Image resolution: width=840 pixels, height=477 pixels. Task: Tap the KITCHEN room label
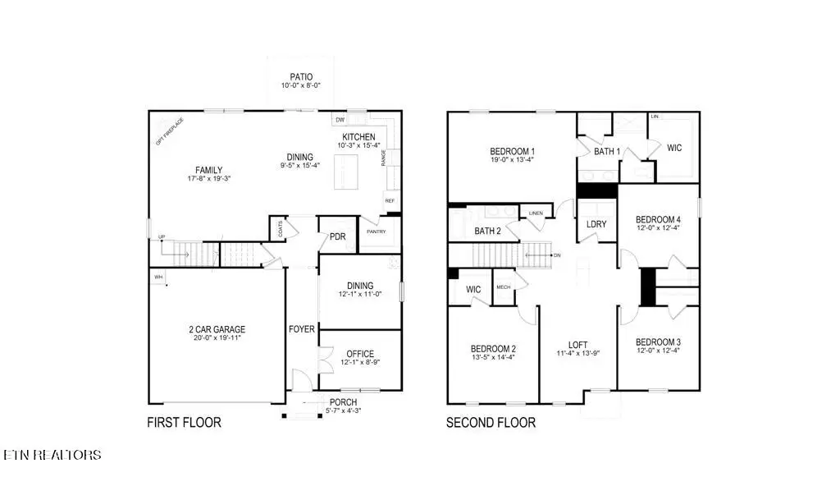click(x=358, y=137)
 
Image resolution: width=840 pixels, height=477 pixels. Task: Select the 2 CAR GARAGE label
click(x=217, y=329)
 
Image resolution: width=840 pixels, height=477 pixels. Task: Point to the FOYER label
click(x=301, y=329)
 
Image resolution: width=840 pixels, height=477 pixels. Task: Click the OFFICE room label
click(x=359, y=353)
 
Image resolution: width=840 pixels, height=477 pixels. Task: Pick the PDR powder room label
click(x=337, y=237)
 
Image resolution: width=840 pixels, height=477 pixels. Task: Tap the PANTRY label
click(x=377, y=232)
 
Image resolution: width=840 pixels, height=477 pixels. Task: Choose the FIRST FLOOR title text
click(x=184, y=423)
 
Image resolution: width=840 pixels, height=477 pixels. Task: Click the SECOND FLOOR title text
click(x=491, y=423)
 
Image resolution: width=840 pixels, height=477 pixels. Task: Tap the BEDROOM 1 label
click(x=513, y=151)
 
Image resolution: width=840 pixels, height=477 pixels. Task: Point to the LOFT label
click(x=578, y=345)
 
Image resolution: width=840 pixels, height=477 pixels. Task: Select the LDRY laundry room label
click(x=596, y=224)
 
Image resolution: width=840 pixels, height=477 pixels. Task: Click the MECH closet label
click(x=503, y=287)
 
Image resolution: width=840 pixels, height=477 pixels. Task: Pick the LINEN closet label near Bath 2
click(x=535, y=213)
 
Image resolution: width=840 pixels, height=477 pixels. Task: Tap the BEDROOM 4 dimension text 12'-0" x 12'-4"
click(x=659, y=228)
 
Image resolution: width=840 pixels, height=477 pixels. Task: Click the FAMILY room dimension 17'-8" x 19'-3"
click(x=208, y=179)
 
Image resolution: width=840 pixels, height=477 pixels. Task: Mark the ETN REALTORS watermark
click(x=52, y=455)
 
